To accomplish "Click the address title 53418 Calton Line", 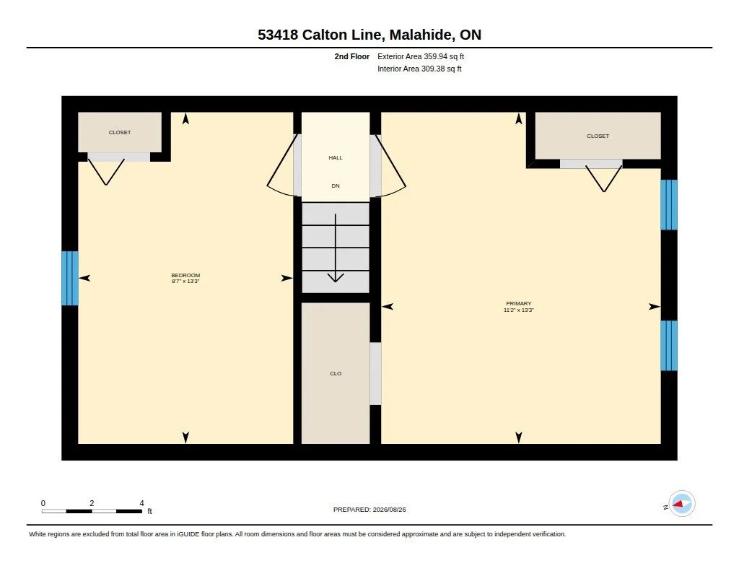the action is pos(320,35).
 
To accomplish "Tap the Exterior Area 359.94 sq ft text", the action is pos(421,56).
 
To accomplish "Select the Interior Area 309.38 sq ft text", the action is pos(419,69).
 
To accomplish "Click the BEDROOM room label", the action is pos(185,275).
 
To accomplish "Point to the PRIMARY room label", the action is pos(518,304).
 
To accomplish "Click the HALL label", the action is pos(336,157).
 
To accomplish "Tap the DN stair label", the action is pos(336,186).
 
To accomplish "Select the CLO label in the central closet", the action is pos(336,373).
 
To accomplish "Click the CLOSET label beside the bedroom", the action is pos(120,133).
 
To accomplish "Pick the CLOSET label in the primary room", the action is pos(598,136).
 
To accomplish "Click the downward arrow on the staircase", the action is pos(336,248).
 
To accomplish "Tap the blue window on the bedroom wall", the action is pos(70,278).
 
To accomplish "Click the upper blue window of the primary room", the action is pos(669,204).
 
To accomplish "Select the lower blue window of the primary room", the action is pos(669,346).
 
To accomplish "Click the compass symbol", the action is pos(681,504).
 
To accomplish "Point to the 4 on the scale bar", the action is pos(141,503).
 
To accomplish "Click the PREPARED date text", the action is pos(369,510).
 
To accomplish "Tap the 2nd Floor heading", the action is pos(352,56).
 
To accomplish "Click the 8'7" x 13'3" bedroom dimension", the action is pos(185,281).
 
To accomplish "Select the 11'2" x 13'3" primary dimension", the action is pos(518,310).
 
